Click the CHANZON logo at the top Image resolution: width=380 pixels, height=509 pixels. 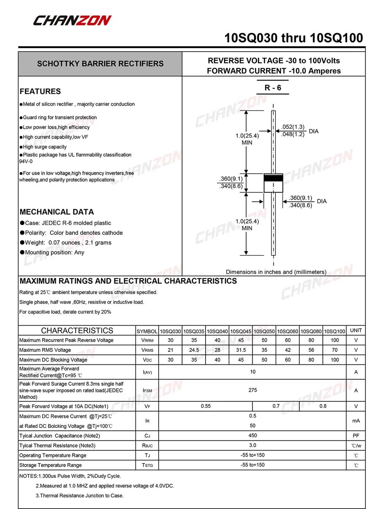[x=72, y=20]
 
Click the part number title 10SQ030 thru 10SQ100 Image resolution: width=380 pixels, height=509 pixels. [x=293, y=38]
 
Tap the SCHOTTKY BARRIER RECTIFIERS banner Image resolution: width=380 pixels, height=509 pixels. [x=100, y=64]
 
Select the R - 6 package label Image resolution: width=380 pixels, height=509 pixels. [x=273, y=88]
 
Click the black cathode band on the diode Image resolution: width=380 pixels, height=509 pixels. [x=273, y=178]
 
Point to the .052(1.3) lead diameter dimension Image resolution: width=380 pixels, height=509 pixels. [x=293, y=127]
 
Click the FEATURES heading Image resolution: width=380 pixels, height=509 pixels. [x=40, y=91]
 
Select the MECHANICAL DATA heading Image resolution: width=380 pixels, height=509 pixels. [x=57, y=212]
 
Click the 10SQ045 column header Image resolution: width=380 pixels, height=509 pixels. [x=241, y=331]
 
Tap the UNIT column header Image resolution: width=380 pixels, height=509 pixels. [x=356, y=331]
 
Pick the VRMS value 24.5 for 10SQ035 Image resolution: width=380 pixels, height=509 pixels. [x=194, y=350]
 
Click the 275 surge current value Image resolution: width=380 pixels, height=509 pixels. [x=253, y=390]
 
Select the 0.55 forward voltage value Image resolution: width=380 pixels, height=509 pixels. [x=206, y=406]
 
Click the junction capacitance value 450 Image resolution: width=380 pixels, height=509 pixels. [x=253, y=435]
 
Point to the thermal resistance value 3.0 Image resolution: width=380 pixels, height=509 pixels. [x=253, y=445]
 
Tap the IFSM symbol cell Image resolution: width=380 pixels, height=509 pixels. [x=147, y=390]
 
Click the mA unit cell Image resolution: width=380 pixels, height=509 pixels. [x=356, y=421]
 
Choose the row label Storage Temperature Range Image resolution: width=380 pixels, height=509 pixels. [x=51, y=465]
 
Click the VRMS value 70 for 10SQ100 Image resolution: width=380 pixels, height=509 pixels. [x=335, y=350]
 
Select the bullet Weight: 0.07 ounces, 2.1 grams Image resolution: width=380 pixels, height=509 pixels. [x=68, y=243]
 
